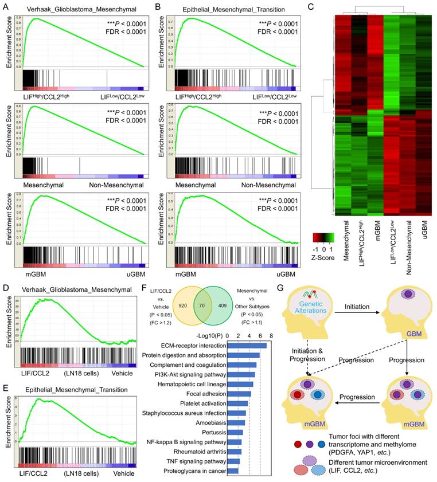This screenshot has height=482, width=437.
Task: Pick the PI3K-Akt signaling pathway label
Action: click(x=188, y=374)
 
